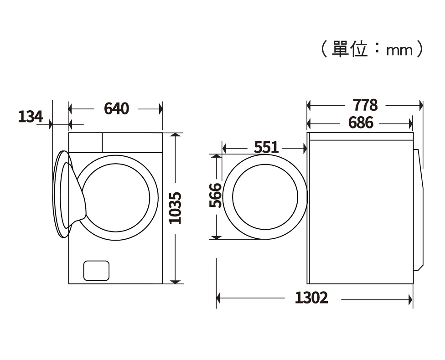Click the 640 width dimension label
(x=117, y=109)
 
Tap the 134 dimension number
(x=30, y=117)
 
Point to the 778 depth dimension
(x=365, y=105)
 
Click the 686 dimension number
(x=361, y=123)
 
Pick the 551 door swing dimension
(x=266, y=147)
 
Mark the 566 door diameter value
(x=216, y=195)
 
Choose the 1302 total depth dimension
(x=311, y=298)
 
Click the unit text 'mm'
(x=399, y=50)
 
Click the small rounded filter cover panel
(x=96, y=271)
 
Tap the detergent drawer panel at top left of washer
(x=85, y=142)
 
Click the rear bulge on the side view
(x=420, y=210)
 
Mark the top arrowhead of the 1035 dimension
(x=176, y=136)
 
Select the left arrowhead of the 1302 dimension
(x=219, y=298)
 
